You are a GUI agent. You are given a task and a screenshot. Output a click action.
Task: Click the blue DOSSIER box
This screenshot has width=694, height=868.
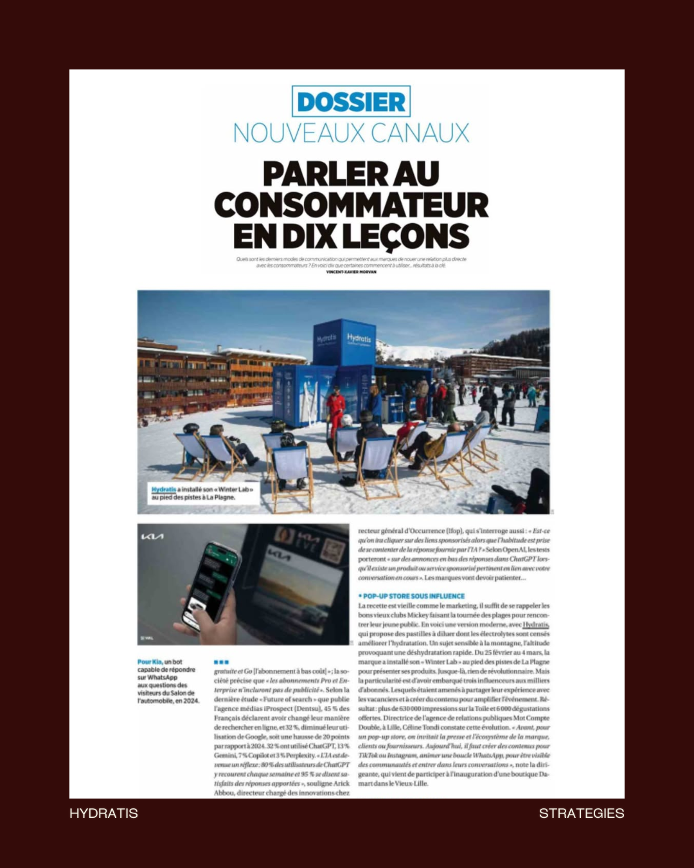pos(351,102)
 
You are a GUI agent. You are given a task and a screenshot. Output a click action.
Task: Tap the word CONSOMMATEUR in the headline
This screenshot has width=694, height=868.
pos(351,205)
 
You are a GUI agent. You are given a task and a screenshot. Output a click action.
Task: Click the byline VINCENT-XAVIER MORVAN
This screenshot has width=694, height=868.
pos(351,272)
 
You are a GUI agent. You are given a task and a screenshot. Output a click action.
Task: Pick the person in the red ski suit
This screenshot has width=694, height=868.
pos(335,410)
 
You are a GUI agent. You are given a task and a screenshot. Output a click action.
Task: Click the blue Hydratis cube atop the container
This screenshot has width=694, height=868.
pos(344,341)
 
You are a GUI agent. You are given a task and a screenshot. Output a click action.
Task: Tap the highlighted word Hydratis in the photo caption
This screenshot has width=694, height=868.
pos(163,489)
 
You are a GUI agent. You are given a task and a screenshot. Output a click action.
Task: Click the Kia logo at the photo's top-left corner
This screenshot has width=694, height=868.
pos(152,536)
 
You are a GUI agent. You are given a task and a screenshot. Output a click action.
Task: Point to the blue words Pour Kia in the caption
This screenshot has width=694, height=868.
pos(150,662)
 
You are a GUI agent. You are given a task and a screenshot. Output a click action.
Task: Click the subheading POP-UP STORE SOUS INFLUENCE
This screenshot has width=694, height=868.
pos(413,596)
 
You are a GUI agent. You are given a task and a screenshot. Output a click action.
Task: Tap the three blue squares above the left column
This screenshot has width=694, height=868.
pos(221,662)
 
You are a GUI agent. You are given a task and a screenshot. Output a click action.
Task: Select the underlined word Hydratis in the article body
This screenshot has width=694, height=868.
pos(535,624)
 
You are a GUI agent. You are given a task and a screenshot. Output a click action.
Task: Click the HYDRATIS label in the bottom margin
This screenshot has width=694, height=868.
pos(103,813)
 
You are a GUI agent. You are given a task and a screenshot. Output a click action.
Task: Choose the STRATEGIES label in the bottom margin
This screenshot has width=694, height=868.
pos(581,813)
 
